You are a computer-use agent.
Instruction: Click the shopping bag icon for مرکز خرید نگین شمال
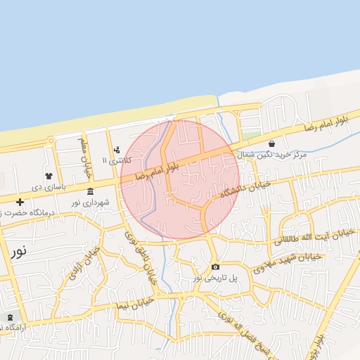271,143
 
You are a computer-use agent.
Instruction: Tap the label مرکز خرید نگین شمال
271,154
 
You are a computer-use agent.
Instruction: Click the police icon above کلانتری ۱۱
117,150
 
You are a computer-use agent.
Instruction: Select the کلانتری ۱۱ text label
116,161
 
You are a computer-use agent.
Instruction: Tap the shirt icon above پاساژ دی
48,176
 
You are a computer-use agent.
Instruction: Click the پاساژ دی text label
48,187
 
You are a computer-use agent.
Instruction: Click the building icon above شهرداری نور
90,191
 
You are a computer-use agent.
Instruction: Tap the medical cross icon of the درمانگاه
20,202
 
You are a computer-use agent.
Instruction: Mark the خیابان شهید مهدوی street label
287,261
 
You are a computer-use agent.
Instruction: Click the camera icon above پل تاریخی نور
215,266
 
